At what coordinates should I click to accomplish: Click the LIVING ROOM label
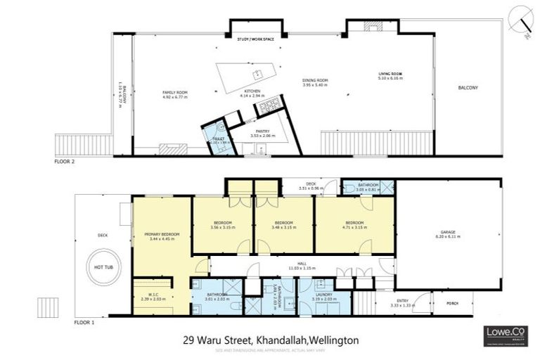pos(390,74)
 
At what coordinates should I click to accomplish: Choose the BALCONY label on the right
pos(468,87)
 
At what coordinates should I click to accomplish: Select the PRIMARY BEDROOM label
pos(162,234)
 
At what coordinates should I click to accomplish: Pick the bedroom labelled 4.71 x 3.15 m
pos(354,224)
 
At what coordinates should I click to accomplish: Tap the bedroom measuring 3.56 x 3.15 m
pos(221,224)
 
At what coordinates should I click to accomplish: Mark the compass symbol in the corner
pos(520,18)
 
